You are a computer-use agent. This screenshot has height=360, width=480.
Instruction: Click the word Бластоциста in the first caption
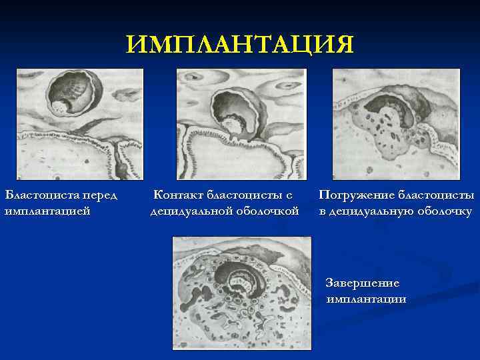39,195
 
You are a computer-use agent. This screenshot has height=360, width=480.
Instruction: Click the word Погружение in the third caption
357,195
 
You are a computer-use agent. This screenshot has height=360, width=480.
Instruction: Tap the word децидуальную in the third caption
373,211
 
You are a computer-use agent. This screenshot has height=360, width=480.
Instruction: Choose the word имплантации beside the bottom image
366,299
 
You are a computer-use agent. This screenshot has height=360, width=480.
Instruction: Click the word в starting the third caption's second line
323,211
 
